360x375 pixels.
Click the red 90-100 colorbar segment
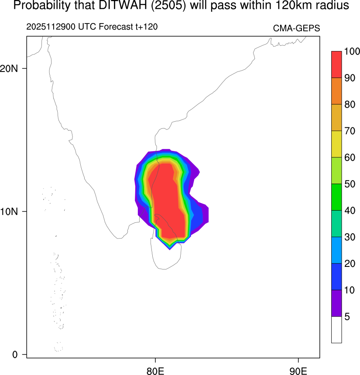click(336, 65)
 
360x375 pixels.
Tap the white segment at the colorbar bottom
click(336, 330)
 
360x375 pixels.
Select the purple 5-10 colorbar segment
click(336, 303)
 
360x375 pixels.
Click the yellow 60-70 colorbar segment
click(336, 144)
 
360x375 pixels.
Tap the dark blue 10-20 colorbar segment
click(336, 276)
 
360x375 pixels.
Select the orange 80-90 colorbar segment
click(336, 91)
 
